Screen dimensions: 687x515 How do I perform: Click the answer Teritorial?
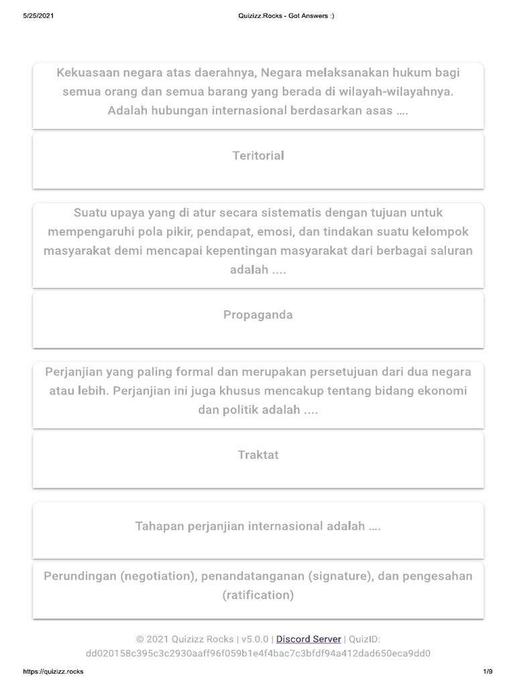(258, 156)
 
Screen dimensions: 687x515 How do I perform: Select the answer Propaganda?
(258, 315)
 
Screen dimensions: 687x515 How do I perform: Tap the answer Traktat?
(258, 455)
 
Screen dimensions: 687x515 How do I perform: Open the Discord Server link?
(308, 639)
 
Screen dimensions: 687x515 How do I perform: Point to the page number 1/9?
(488, 672)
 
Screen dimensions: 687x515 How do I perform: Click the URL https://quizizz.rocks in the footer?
(53, 672)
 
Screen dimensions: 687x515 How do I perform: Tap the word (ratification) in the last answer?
(258, 595)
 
